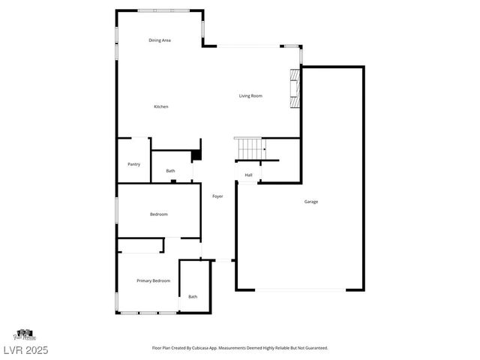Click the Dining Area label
point(160,40)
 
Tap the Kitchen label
point(161,106)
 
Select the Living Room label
point(250,95)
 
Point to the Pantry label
point(134,164)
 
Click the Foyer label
point(217,196)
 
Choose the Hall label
point(248,175)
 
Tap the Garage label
point(311,202)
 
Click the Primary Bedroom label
point(153,280)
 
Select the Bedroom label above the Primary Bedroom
point(158,214)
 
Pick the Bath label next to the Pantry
point(171,171)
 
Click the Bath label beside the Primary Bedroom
point(193,297)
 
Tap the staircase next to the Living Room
point(248,148)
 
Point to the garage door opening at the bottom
point(300,290)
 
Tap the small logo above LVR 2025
point(24,334)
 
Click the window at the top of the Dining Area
point(158,10)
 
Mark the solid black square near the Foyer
point(196,156)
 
